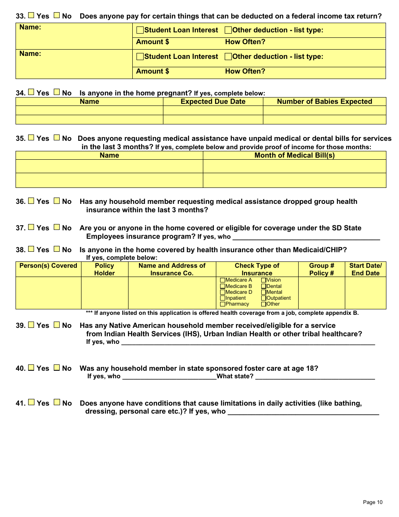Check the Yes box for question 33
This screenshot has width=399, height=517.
31,16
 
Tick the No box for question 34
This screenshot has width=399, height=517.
57,92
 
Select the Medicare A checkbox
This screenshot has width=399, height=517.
223,280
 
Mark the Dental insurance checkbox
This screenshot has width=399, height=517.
264,286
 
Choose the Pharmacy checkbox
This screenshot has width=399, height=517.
223,304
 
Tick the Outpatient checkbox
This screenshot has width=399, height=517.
264,298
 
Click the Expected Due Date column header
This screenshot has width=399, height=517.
213,102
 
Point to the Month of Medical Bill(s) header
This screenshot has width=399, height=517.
294,156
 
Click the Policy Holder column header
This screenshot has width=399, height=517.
104,269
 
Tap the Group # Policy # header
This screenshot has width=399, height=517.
321,269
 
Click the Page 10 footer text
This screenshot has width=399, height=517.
373,502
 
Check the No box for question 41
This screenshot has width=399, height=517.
57,402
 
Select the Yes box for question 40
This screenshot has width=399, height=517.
31,367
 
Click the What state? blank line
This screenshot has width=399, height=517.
315,377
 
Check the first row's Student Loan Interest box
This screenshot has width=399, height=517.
140,30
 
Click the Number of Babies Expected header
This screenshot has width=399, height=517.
324,102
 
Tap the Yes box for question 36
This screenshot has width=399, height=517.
31,200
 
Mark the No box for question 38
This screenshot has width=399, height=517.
57,249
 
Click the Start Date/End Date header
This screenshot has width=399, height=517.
365,269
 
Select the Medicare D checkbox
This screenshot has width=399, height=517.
223,292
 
